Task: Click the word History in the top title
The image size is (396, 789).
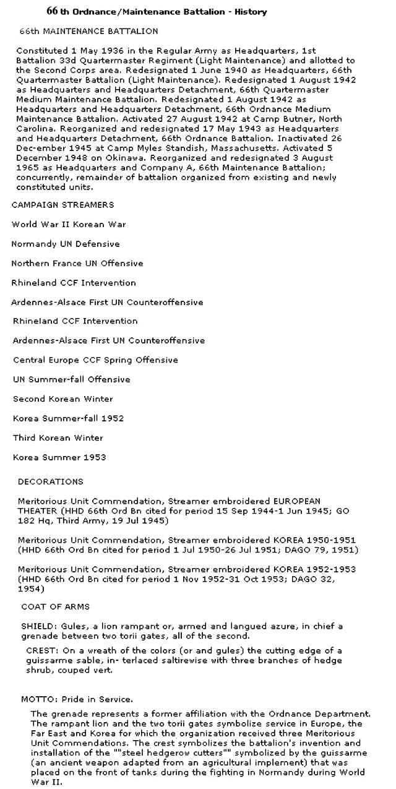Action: pos(251,12)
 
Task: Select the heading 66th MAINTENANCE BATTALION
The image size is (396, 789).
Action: pos(88,31)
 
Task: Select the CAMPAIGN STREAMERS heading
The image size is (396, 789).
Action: pos(62,205)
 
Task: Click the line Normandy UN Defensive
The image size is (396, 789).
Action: pos(65,244)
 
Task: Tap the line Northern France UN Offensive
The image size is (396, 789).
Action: pos(77,264)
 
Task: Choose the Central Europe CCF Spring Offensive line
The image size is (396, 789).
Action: pos(95,360)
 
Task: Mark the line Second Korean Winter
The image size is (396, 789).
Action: pos(62,399)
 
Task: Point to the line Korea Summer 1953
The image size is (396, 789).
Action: pos(59,457)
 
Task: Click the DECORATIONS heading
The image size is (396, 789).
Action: pos(50,481)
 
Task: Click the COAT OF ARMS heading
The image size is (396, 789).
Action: pos(55,607)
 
